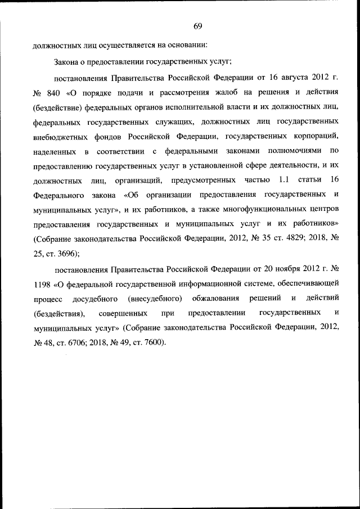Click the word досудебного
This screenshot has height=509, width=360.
click(x=94, y=297)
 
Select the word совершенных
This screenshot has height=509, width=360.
click(x=123, y=312)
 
